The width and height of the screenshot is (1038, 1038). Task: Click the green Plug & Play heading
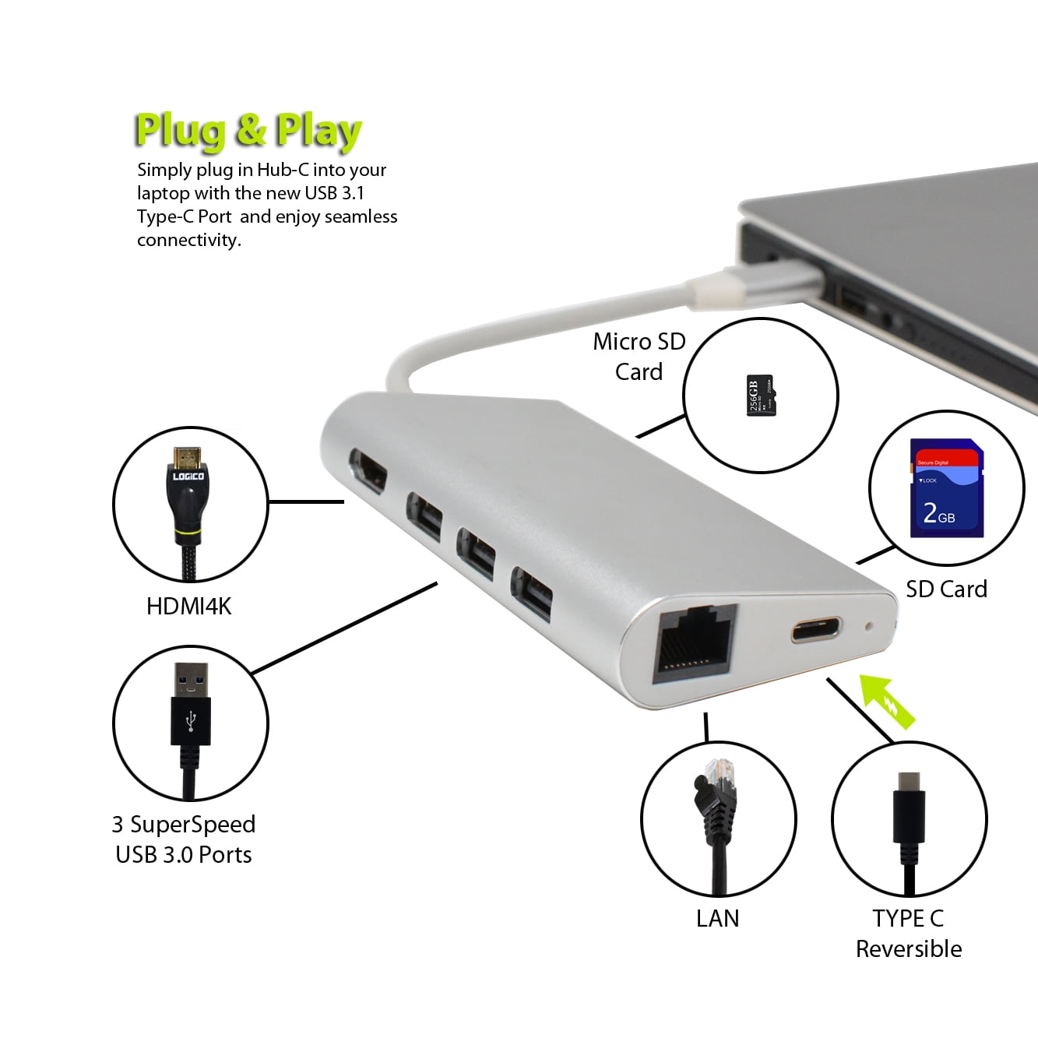tap(248, 130)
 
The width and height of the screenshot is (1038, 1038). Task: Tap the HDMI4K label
tap(189, 606)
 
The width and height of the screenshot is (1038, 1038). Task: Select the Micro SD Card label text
tap(639, 357)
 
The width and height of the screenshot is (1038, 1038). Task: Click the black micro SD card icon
tap(760, 396)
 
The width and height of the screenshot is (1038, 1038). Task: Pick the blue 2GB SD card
tap(946, 488)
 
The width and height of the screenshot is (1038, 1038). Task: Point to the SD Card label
tap(946, 589)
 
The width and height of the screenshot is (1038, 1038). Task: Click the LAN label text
tap(717, 918)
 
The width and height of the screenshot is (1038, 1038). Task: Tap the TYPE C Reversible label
tap(908, 933)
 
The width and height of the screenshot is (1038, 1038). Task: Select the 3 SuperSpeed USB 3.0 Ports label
tap(184, 839)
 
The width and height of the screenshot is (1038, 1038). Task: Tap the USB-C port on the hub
tap(816, 629)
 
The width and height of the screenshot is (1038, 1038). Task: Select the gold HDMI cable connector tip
tap(188, 456)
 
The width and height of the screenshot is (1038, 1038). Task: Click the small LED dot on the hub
tap(869, 625)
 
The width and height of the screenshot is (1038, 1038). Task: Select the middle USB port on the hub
tap(476, 552)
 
